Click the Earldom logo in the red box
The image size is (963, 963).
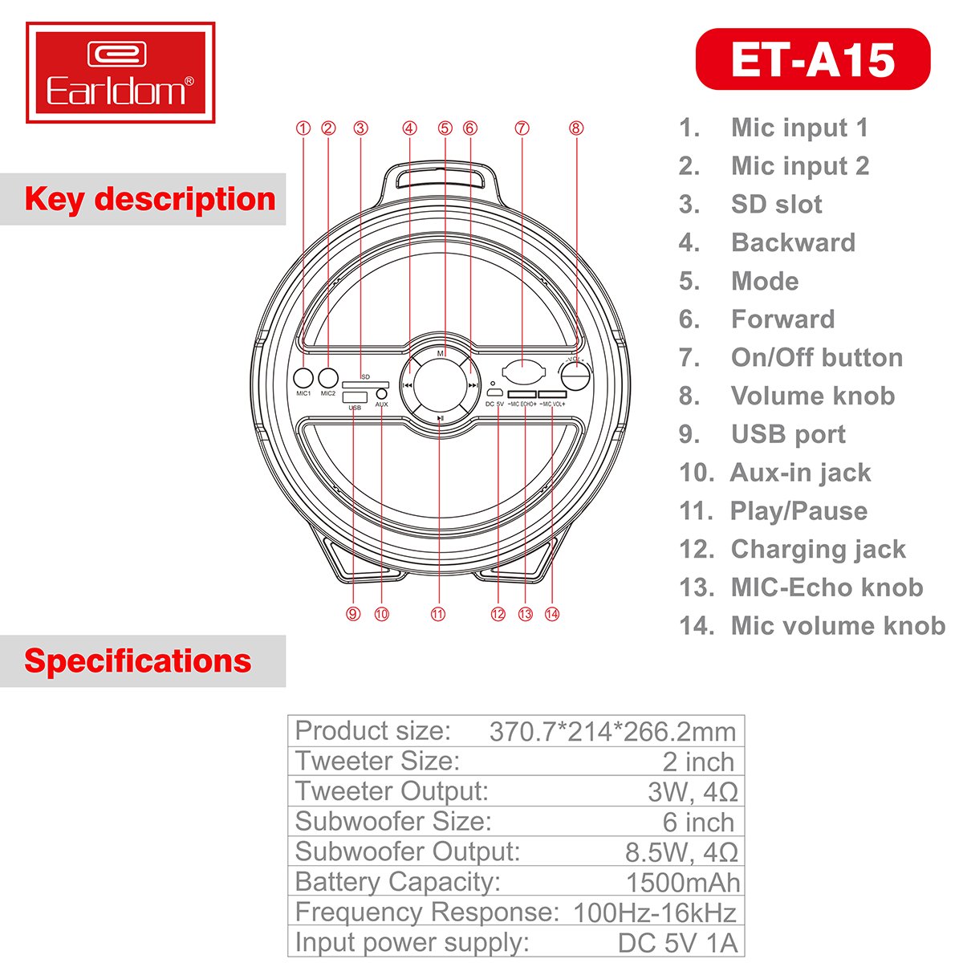click(x=120, y=72)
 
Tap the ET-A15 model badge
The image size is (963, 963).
click(x=813, y=59)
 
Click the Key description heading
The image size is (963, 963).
click(x=150, y=199)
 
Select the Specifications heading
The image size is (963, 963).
click(x=138, y=660)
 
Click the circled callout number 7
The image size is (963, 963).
click(x=522, y=128)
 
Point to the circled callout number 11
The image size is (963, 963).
click(x=438, y=614)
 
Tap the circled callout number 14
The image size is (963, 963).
click(x=551, y=614)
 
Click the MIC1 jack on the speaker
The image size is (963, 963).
click(x=303, y=378)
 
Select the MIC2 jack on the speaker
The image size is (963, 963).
click(x=328, y=378)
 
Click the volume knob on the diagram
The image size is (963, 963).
click(x=575, y=375)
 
